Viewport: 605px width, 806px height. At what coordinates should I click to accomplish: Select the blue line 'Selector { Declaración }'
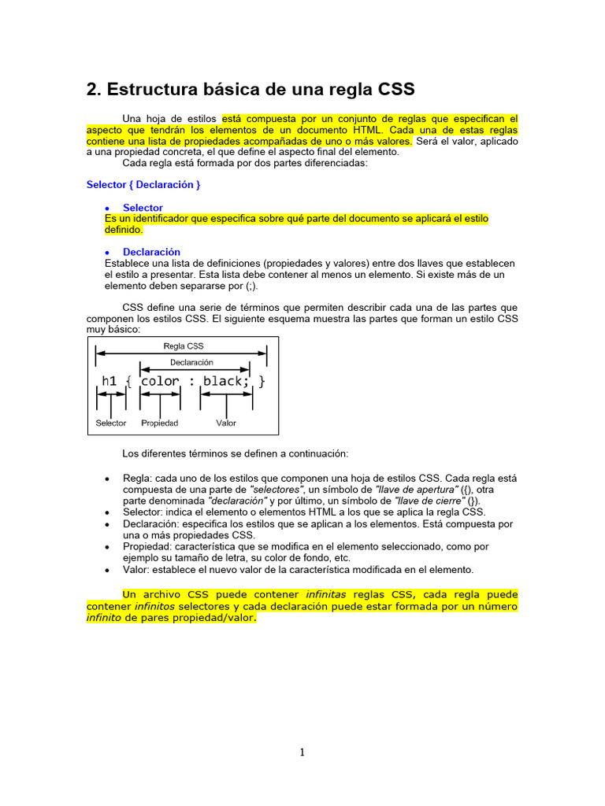pos(143,184)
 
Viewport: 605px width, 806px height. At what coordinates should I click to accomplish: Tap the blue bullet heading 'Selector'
pos(143,208)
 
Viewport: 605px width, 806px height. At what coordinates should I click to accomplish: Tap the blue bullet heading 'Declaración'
pos(151,252)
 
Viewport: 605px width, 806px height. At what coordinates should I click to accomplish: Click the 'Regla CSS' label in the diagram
pos(183,346)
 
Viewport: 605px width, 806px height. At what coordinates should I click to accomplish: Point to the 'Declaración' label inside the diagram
pos(191,363)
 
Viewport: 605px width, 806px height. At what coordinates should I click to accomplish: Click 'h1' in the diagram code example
pos(109,381)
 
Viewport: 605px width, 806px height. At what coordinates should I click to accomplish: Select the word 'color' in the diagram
pos(160,381)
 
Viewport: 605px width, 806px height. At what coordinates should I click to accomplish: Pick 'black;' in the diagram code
pos(226,381)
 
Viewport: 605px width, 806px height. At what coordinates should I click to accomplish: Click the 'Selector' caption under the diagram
pos(111,423)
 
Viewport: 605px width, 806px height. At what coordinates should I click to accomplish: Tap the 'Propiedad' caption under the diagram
pos(160,423)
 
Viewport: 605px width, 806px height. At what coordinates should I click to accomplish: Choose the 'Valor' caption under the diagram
pos(226,423)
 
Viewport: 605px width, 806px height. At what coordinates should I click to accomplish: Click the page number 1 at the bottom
pos(302,752)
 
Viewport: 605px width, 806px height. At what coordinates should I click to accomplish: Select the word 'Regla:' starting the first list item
pos(137,479)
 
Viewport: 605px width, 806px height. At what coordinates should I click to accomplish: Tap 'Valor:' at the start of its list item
pos(137,569)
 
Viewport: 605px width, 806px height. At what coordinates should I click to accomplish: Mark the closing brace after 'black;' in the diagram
pos(262,381)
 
